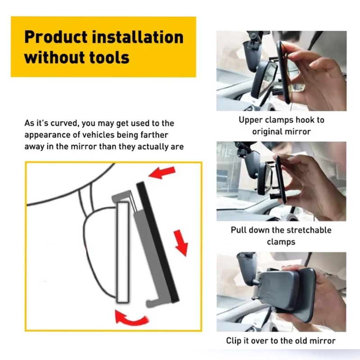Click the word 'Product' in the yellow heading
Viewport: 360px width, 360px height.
(x=56, y=37)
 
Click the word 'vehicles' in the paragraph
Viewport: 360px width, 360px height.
(x=98, y=135)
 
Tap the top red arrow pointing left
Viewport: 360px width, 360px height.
(x=162, y=172)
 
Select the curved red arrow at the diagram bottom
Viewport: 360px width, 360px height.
(x=131, y=318)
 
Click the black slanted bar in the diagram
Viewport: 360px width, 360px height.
(x=157, y=242)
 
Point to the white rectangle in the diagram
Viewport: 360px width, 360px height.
(x=123, y=252)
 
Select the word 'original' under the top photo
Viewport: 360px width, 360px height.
(x=266, y=132)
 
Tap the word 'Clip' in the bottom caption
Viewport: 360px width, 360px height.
(x=234, y=341)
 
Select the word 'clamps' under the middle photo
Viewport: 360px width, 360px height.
(x=281, y=242)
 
